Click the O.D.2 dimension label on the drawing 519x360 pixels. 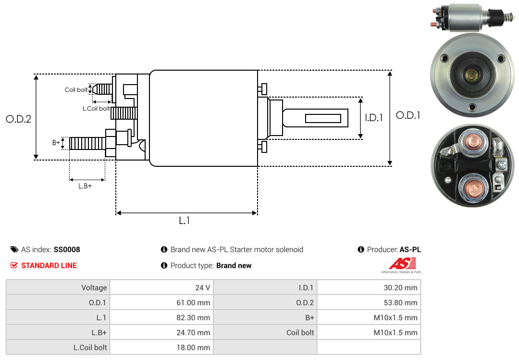19,119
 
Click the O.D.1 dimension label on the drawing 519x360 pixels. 408,115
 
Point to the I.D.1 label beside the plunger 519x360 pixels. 374,118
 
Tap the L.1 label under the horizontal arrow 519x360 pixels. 185,220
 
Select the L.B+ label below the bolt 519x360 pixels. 85,186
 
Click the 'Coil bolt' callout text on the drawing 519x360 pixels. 76,90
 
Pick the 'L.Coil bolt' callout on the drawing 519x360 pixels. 96,108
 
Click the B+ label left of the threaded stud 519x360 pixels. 56,142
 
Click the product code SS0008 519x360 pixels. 67,249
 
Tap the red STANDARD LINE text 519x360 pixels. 49,265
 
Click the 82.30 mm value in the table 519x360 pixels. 193,317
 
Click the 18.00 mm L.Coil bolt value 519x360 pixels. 193,348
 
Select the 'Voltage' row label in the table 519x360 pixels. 94,287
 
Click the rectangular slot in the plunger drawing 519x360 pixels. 323,118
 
